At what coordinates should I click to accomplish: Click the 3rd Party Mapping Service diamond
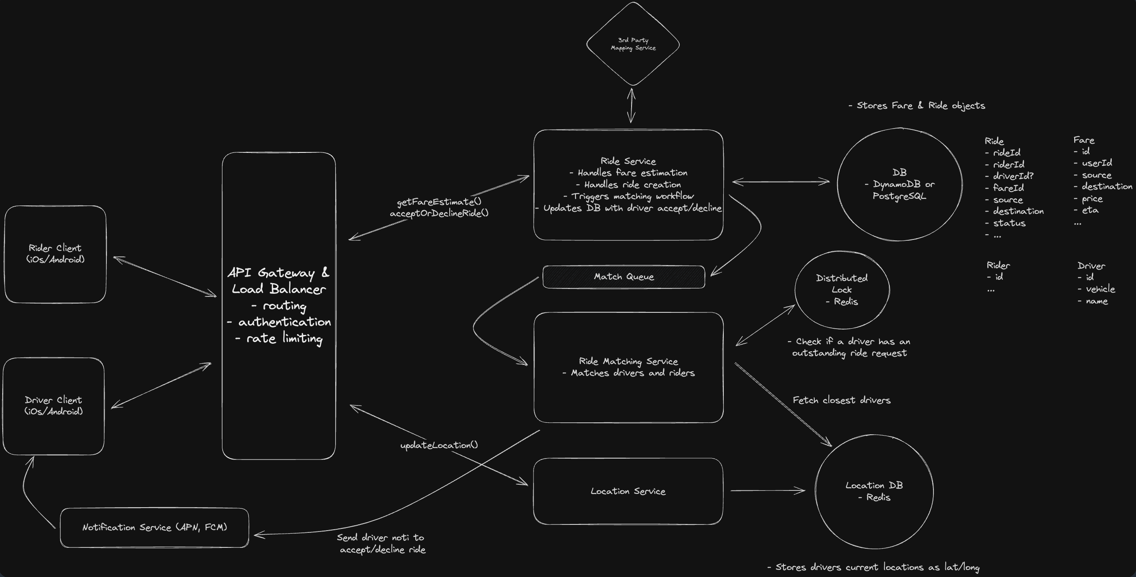click(633, 44)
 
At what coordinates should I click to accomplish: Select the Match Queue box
click(623, 277)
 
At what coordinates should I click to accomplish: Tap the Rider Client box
click(55, 254)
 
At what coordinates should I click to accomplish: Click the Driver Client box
click(53, 406)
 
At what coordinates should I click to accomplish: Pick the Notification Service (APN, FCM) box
click(154, 528)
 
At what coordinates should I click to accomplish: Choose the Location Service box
click(628, 491)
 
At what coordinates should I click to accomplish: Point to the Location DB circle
click(874, 491)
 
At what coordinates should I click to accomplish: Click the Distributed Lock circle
click(842, 290)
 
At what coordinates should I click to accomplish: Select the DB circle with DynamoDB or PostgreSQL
click(899, 184)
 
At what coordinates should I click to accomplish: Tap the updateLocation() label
click(439, 445)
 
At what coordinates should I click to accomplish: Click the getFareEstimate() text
click(439, 202)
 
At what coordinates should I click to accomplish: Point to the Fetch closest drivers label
click(842, 400)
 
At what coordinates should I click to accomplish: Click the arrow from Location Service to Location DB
click(768, 490)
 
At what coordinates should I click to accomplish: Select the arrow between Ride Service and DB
click(781, 182)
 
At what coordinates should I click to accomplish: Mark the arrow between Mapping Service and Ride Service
click(632, 106)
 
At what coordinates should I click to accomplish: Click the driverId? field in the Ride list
click(1013, 176)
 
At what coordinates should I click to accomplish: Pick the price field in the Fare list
click(1092, 199)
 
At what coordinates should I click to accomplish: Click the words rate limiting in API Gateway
click(284, 339)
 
